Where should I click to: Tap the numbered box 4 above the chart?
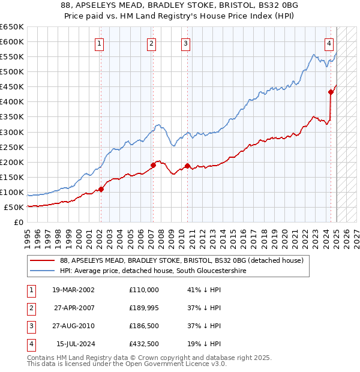[329, 43]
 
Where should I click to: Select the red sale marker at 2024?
[331, 92]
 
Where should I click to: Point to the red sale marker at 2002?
[101, 189]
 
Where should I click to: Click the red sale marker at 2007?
[152, 165]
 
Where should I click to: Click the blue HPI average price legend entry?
[161, 271]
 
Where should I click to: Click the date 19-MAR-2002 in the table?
[73, 289]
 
